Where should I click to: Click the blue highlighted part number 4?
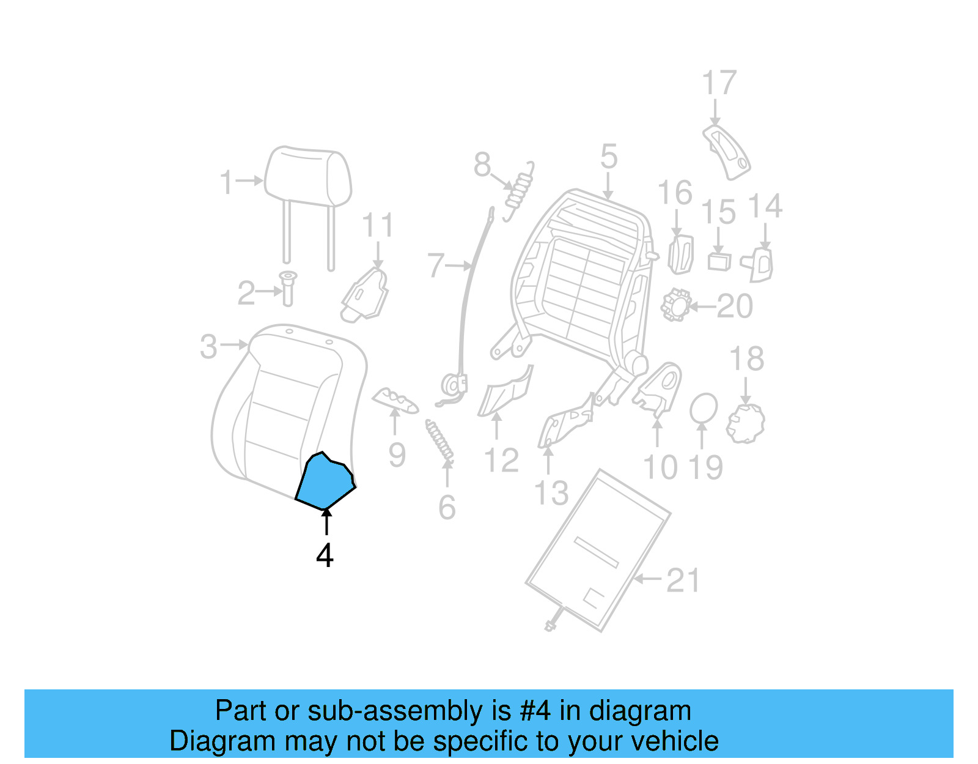(325, 483)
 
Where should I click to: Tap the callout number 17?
(719, 83)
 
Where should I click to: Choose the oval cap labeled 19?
(703, 408)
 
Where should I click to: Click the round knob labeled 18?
(746, 423)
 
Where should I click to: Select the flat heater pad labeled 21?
(598, 551)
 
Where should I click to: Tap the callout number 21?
(683, 580)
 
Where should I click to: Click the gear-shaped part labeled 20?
(675, 305)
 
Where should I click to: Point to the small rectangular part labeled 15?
(719, 261)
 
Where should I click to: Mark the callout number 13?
(551, 493)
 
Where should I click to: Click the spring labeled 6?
(440, 440)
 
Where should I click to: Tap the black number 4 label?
(325, 555)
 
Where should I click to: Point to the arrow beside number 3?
(235, 345)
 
